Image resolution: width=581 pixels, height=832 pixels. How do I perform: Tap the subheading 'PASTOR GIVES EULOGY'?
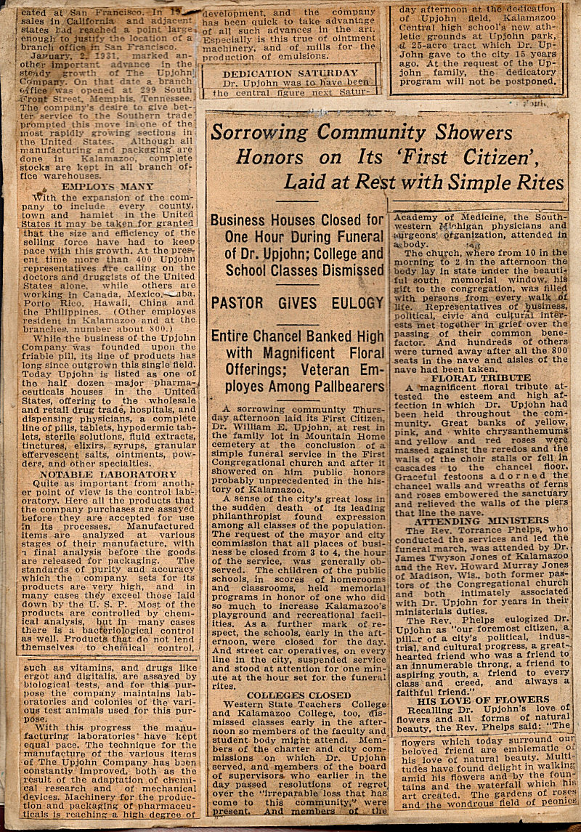click(x=296, y=302)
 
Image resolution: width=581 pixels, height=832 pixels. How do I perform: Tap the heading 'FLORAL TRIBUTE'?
click(x=481, y=378)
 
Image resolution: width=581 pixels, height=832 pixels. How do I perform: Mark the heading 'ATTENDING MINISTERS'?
click(x=481, y=521)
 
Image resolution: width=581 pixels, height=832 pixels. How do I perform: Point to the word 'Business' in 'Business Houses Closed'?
click(x=243, y=220)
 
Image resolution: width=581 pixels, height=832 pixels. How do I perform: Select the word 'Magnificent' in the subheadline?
click(x=283, y=353)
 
